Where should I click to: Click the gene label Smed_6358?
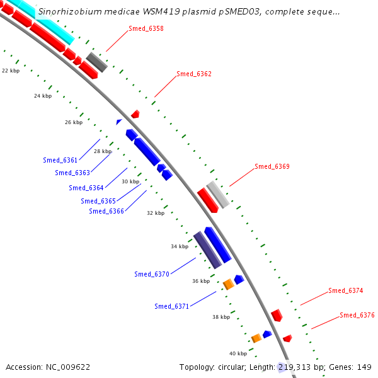[146, 29]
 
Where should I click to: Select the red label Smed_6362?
[194, 74]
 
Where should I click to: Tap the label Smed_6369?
[272, 167]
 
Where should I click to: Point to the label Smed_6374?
[346, 291]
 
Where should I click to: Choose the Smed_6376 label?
[357, 315]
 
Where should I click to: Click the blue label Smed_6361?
[60, 161]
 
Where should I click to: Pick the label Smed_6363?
[72, 173]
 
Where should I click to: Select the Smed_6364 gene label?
[86, 188]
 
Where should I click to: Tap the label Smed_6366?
[106, 211]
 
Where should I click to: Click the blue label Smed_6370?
[152, 274]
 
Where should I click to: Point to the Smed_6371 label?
[172, 306]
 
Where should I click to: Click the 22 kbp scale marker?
[10, 71]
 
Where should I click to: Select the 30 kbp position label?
[130, 181]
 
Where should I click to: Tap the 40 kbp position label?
[238, 353]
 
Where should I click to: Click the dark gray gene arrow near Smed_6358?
[97, 62]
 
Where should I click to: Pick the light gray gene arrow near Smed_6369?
[218, 195]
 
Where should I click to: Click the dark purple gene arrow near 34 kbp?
[207, 249]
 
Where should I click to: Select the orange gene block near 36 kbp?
[229, 285]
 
